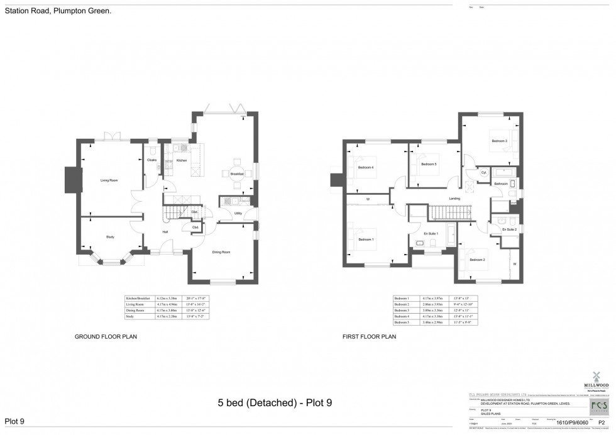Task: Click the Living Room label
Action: tap(109, 180)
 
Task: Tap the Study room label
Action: tap(110, 236)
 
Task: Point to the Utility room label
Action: tap(238, 213)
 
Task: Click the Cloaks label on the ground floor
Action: tap(151, 160)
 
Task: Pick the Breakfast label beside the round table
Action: tap(236, 173)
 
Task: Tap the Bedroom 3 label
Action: tap(500, 141)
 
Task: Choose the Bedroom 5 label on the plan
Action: tap(429, 164)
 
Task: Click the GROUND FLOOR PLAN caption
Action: tap(106, 337)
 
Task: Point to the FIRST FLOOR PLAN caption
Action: tap(369, 337)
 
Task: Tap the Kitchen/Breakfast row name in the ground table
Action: tap(140, 297)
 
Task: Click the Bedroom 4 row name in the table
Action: tap(402, 316)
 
